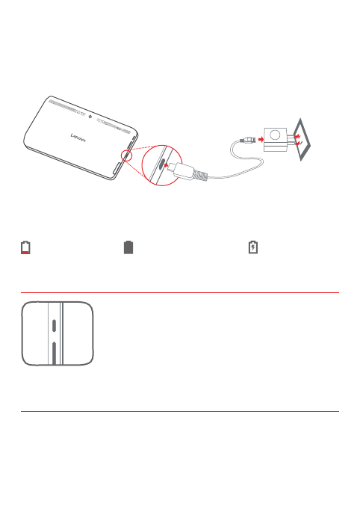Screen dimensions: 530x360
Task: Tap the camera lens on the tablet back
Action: (89, 117)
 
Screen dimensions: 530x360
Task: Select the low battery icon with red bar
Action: (26, 247)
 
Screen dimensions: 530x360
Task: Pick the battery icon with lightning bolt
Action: (253, 247)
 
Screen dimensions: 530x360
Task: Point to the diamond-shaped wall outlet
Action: (305, 140)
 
